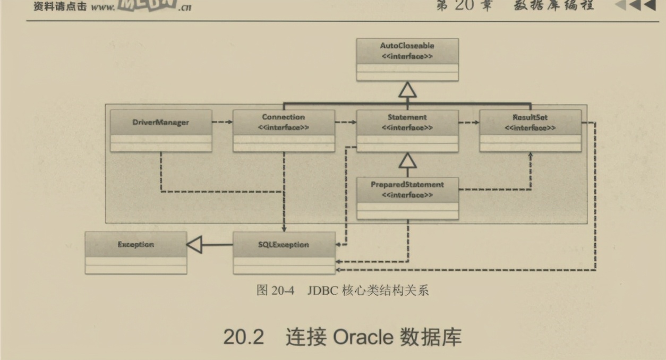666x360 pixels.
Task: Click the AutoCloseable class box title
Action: (x=407, y=46)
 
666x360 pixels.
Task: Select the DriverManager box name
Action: (x=161, y=123)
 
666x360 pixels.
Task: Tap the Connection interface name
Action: (x=284, y=117)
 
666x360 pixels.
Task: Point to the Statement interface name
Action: (x=407, y=117)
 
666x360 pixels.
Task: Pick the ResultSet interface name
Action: (x=530, y=117)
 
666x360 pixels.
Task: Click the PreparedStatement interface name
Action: (x=407, y=185)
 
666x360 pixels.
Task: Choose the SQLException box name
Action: (x=284, y=245)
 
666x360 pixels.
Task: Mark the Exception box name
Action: (x=136, y=245)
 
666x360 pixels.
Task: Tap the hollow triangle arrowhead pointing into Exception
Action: (x=193, y=245)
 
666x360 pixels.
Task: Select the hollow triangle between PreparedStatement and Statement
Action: (x=407, y=160)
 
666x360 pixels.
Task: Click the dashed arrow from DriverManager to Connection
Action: (x=223, y=122)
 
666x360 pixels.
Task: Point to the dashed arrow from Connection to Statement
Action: (x=346, y=122)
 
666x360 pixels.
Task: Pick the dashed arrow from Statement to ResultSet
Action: (x=469, y=122)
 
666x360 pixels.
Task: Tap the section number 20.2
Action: (x=243, y=337)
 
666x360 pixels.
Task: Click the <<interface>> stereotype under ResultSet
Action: (x=530, y=128)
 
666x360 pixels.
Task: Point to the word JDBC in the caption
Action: (x=319, y=291)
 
